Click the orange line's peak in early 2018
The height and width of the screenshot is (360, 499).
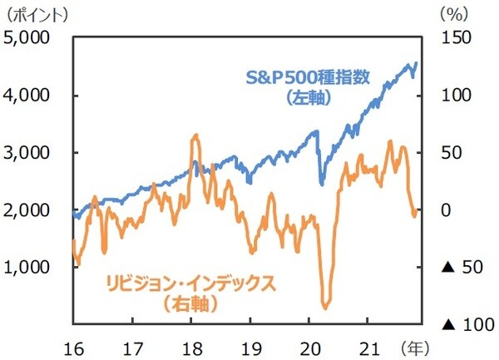coord(195,135)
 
